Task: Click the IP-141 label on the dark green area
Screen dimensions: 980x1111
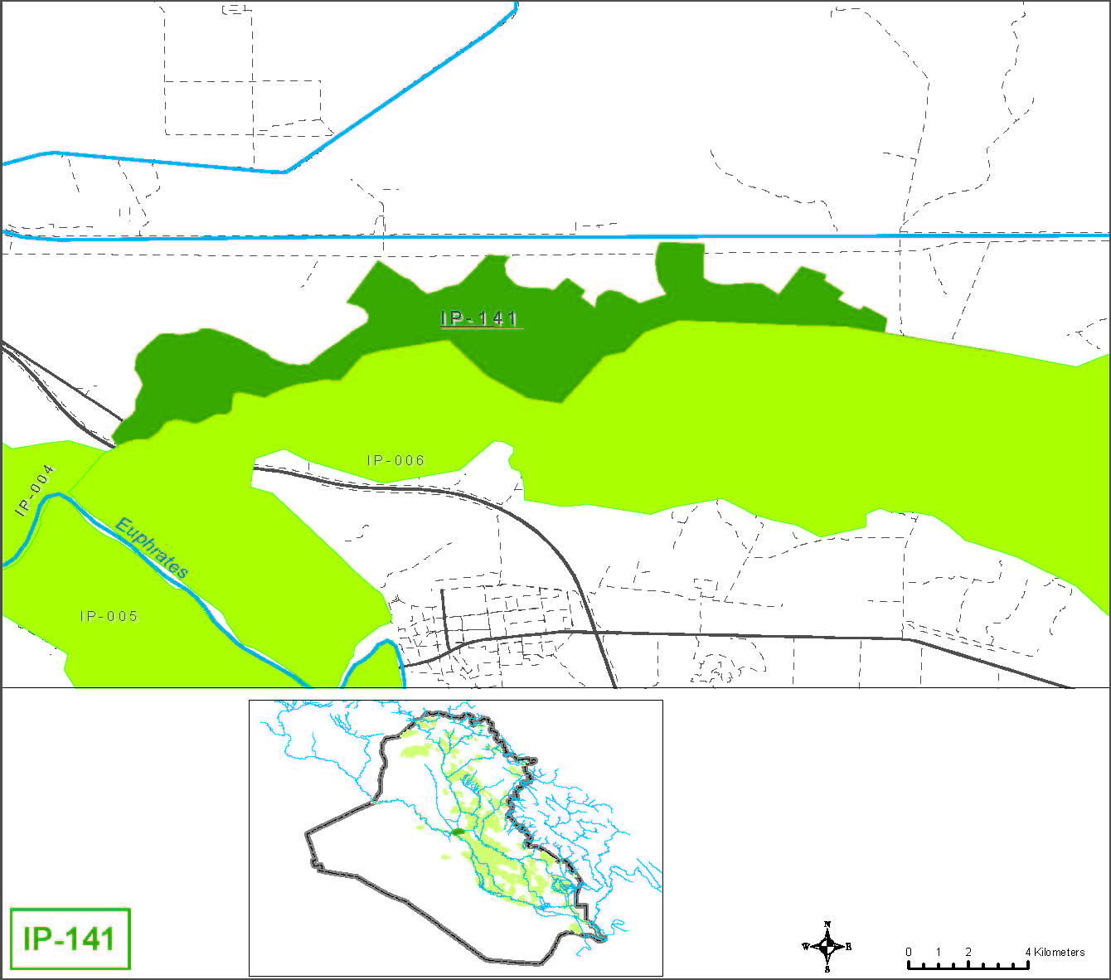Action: tap(480, 318)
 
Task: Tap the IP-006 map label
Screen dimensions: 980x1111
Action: tap(395, 460)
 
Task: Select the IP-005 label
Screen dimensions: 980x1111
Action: tap(109, 616)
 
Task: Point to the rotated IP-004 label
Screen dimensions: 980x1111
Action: tap(35, 490)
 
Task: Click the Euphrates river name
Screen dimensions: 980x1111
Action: tap(153, 548)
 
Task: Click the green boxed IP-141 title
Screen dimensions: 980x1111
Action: tap(70, 939)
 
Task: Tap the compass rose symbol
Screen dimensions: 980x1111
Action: tap(827, 946)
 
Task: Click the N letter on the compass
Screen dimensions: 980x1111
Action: tap(827, 925)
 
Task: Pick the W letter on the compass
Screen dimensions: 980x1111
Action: tap(806, 946)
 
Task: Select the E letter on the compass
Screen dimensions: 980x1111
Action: tap(848, 946)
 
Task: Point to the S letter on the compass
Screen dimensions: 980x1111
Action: tap(827, 968)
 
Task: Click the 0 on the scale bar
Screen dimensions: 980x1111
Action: tap(909, 952)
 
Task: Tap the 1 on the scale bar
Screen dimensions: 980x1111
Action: tap(939, 952)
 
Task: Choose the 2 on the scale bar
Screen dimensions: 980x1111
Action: tap(968, 952)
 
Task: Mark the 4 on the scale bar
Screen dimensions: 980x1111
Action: tap(1028, 952)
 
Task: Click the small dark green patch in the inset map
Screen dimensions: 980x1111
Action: tap(456, 831)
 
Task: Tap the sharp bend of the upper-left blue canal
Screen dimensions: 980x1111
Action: tap(285, 172)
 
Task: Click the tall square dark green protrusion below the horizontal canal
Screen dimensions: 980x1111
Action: tap(680, 265)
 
